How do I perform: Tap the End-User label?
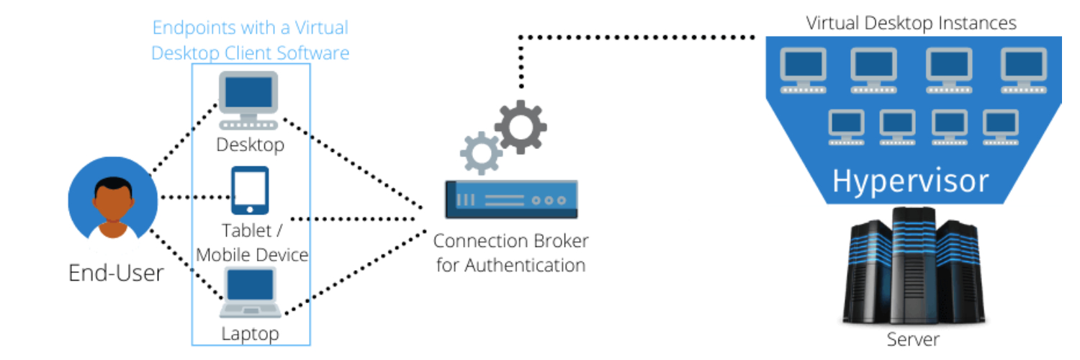point(116,273)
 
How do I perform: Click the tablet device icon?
point(250,190)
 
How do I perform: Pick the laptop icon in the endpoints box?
point(250,292)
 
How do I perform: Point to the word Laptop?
point(250,333)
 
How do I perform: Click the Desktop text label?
point(251,145)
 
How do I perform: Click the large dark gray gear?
point(521,127)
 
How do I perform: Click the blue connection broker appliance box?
point(510,199)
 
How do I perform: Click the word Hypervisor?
point(910,181)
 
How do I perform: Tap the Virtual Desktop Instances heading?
point(911,23)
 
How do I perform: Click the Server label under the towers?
point(912,339)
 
